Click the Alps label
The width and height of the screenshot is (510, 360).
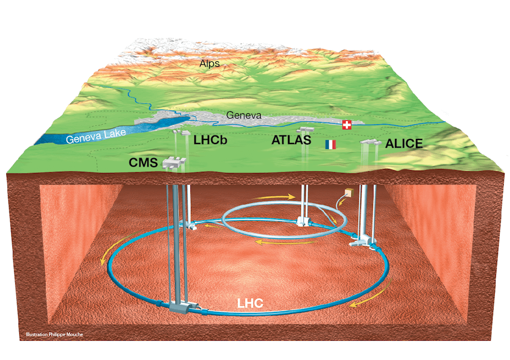[x=210, y=63]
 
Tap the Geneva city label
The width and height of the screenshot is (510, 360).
[x=244, y=115]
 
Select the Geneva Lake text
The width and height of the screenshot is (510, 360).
[x=96, y=136]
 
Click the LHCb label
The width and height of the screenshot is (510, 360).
[x=210, y=140]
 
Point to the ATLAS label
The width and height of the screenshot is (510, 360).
[x=291, y=140]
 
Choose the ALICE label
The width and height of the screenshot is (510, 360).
[x=403, y=143]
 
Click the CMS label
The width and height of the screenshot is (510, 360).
[x=143, y=162]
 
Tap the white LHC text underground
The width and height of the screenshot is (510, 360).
[x=250, y=303]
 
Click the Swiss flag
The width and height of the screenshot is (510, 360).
[x=347, y=125]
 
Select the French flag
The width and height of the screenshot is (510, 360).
[x=330, y=145]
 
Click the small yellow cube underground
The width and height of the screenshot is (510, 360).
[x=350, y=193]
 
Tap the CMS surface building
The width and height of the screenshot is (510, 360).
[x=174, y=162]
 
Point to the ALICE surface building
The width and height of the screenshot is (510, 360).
[x=371, y=142]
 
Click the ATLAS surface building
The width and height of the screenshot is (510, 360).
[x=306, y=129]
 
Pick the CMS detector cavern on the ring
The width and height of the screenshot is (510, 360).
[x=184, y=307]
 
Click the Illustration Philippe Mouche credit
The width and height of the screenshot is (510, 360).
[x=54, y=334]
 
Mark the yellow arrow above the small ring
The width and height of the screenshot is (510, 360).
[x=274, y=197]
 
